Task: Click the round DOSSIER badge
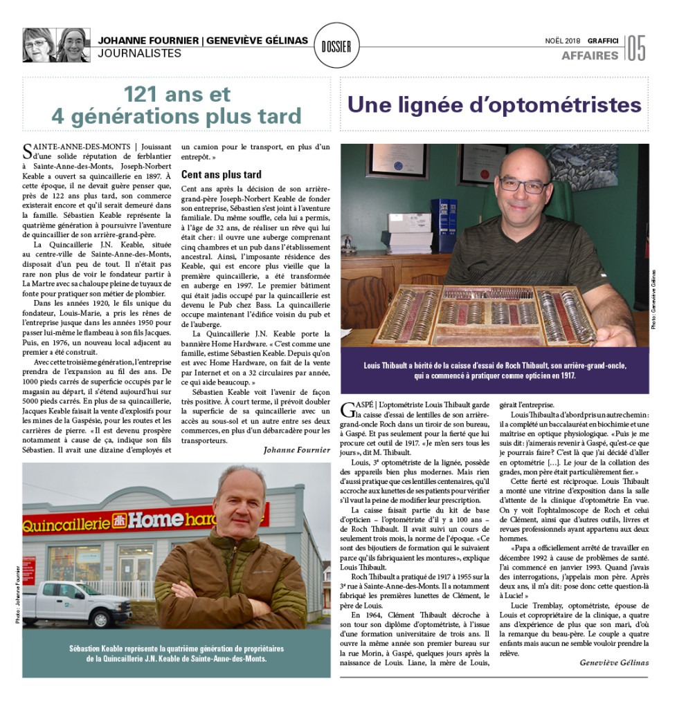336,46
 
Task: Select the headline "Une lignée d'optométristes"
494,105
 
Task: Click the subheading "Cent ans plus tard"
222,174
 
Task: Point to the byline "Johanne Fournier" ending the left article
297,449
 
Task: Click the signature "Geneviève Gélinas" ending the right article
614,662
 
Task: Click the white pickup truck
82,604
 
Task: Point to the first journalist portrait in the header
39,46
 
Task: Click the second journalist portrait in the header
72,46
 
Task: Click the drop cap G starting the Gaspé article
348,411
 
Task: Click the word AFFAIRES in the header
590,55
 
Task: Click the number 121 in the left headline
150,93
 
